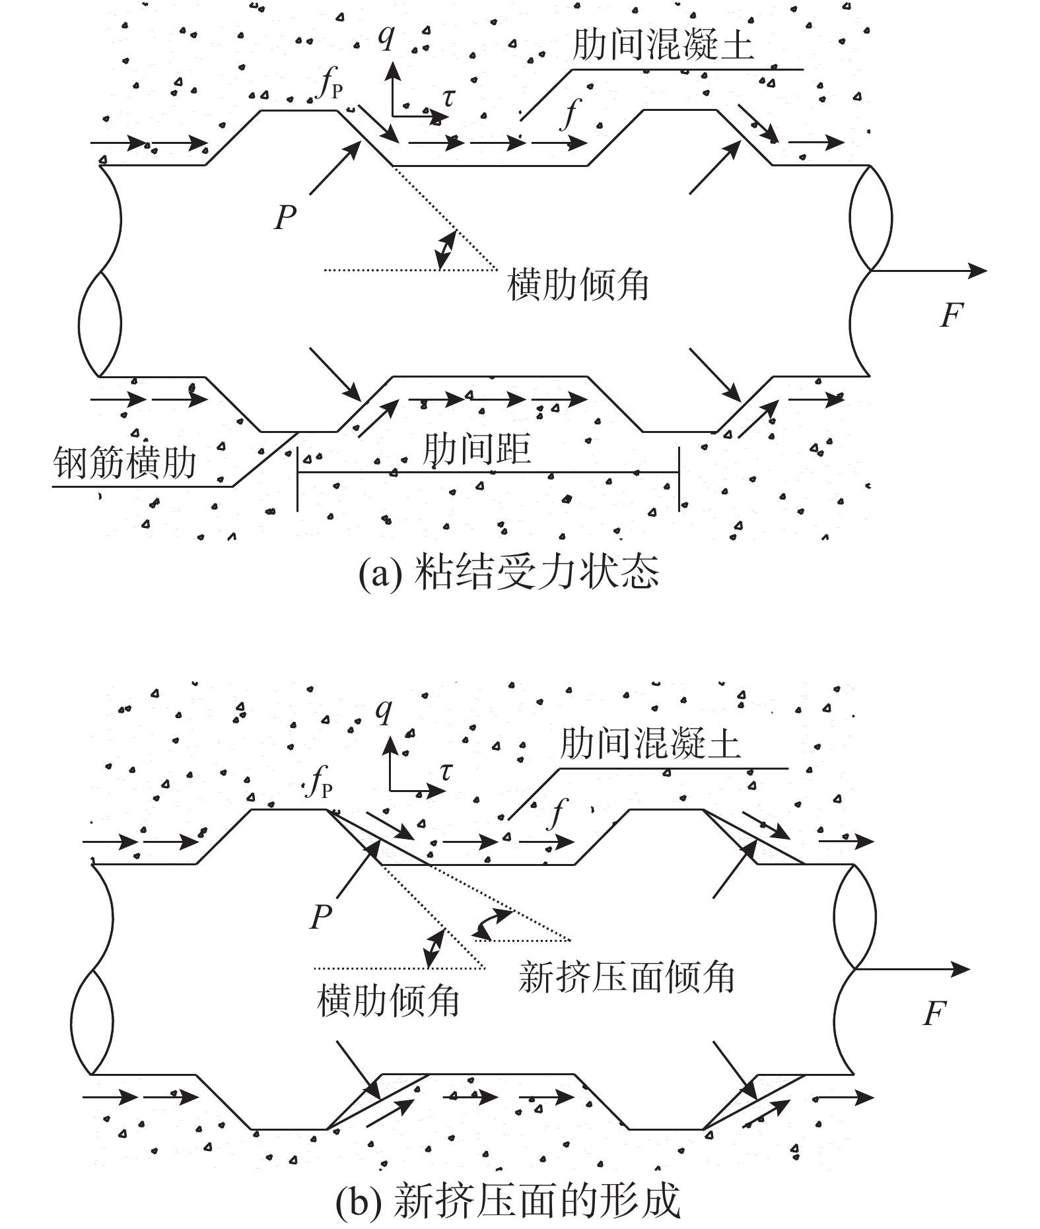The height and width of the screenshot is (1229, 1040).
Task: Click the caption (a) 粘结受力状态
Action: coord(509,572)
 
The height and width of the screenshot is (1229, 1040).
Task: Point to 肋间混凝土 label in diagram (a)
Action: coord(663,45)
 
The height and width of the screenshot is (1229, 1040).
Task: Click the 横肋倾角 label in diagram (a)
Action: coord(578,285)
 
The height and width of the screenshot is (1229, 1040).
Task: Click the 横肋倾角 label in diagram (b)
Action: coord(388,1001)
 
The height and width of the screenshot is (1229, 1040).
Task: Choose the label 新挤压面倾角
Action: coord(627,977)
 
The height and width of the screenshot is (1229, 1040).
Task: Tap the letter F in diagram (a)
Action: coord(952,315)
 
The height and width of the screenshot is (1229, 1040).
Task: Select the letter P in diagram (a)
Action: coord(285,217)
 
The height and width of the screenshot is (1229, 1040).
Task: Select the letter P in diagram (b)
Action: coord(321,917)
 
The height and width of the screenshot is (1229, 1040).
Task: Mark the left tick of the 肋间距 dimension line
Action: coord(298,479)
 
